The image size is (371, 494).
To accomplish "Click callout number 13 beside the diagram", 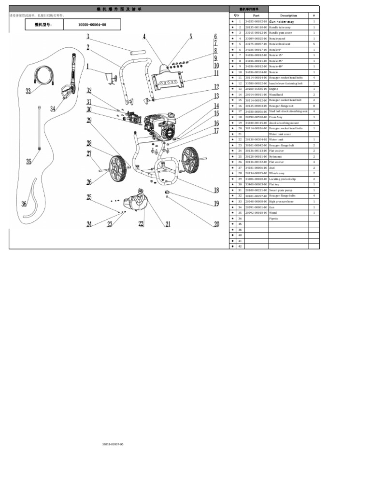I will coord(216,96).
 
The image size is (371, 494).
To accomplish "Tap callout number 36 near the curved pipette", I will coord(24,204).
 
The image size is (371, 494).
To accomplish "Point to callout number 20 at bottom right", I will coord(216,224).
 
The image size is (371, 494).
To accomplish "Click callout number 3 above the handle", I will coord(88,37).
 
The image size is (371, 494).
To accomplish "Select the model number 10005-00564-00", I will coord(92,25).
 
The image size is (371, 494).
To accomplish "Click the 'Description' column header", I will coord(288,15).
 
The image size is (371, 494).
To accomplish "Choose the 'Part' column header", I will coord(256,15).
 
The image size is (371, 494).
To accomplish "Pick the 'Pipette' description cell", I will coord(274,219).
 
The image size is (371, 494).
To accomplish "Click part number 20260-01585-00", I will coord(256,89).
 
